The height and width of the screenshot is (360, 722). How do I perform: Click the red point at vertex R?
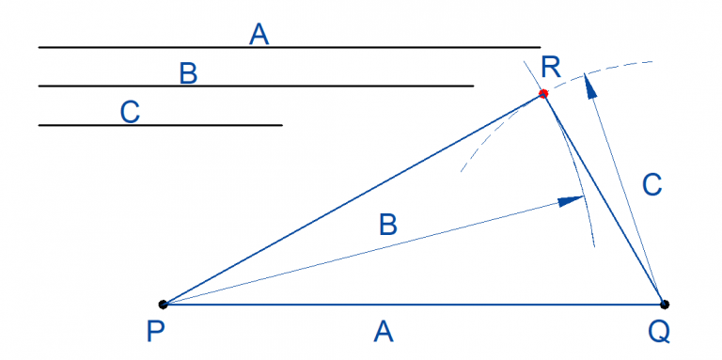pos(543,93)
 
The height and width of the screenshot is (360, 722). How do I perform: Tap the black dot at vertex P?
pos(163,304)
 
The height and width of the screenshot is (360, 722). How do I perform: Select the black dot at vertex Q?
pos(665,304)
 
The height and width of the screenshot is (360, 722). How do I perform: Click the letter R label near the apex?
pos(551,68)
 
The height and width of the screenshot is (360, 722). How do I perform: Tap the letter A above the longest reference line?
pos(259,35)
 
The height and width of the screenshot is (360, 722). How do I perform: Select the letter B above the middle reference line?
pos(188,73)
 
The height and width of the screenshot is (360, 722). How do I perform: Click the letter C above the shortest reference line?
pos(131,112)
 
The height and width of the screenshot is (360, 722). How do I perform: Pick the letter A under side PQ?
pos(382,331)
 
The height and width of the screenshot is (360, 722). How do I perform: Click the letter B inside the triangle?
pos(387,225)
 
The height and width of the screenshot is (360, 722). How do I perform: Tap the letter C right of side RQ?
pos(653,185)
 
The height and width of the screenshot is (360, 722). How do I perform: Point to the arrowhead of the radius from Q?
pos(589,86)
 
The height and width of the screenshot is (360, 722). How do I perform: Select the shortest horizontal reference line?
pos(160,124)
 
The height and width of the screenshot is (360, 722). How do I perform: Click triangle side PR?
pos(353,198)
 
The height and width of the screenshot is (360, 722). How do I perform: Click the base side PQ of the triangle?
pos(414,304)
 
